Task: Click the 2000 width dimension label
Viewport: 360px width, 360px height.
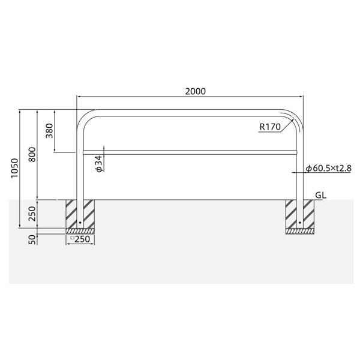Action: coord(196,91)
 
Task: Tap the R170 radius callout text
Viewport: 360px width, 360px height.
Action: coord(270,127)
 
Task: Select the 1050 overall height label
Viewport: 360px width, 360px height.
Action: coord(14,168)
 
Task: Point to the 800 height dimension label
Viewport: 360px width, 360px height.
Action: coord(32,155)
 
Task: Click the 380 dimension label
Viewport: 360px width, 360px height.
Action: coord(49,131)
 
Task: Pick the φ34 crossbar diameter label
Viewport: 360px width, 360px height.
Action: coord(99,164)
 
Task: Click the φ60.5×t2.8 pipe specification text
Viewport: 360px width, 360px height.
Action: coord(329,168)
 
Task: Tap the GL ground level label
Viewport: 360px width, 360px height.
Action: coord(321,195)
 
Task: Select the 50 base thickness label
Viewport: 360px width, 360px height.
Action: coord(32,239)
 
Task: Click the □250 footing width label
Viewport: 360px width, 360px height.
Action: coord(80,239)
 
